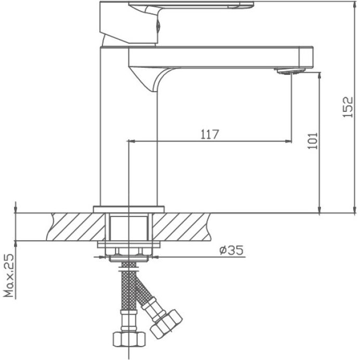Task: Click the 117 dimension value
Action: tap(209, 134)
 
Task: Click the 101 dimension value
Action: tap(312, 141)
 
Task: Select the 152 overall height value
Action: tap(349, 107)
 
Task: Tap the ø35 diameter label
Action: tap(231, 250)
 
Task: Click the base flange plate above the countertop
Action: tap(128, 209)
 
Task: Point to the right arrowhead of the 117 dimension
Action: tap(288, 141)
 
